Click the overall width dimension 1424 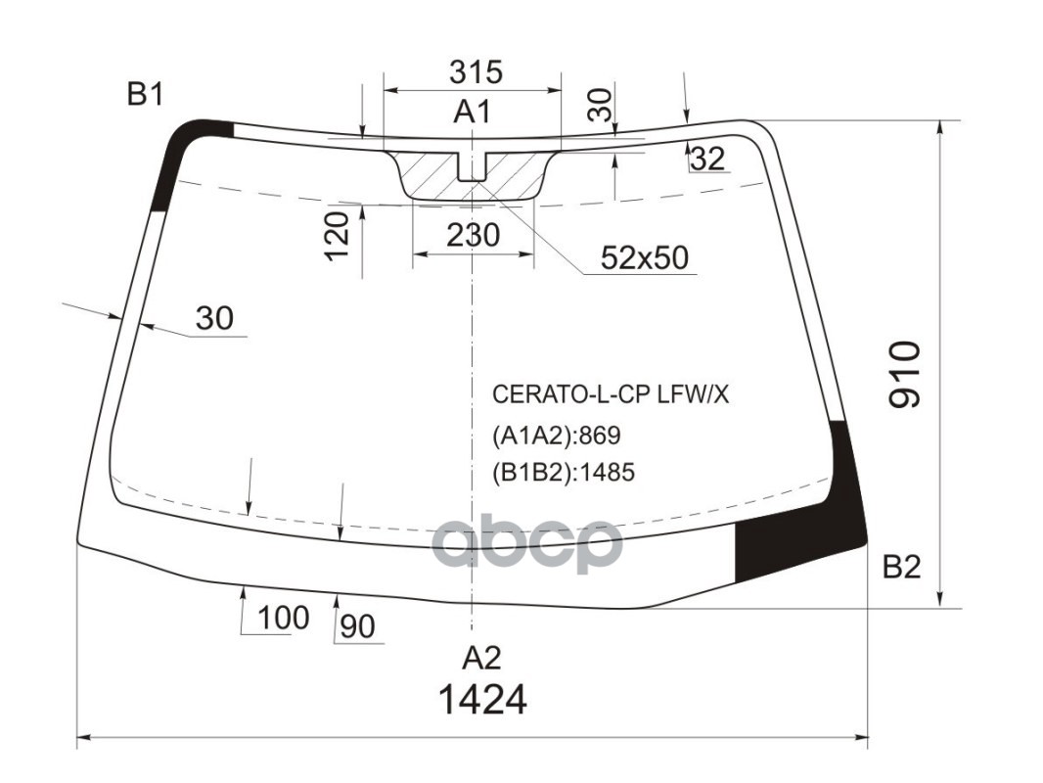point(482,700)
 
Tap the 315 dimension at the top point(476,71)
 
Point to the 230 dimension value point(474,235)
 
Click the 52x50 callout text point(644,257)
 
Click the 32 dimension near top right point(706,159)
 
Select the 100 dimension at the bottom point(284,618)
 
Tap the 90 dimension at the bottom point(358,627)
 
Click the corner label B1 point(145,95)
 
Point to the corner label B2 point(902,567)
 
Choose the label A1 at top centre point(472,113)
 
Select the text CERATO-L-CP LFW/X point(611,394)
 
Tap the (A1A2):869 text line point(557,435)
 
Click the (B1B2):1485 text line point(564,473)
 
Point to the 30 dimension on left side point(214,318)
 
